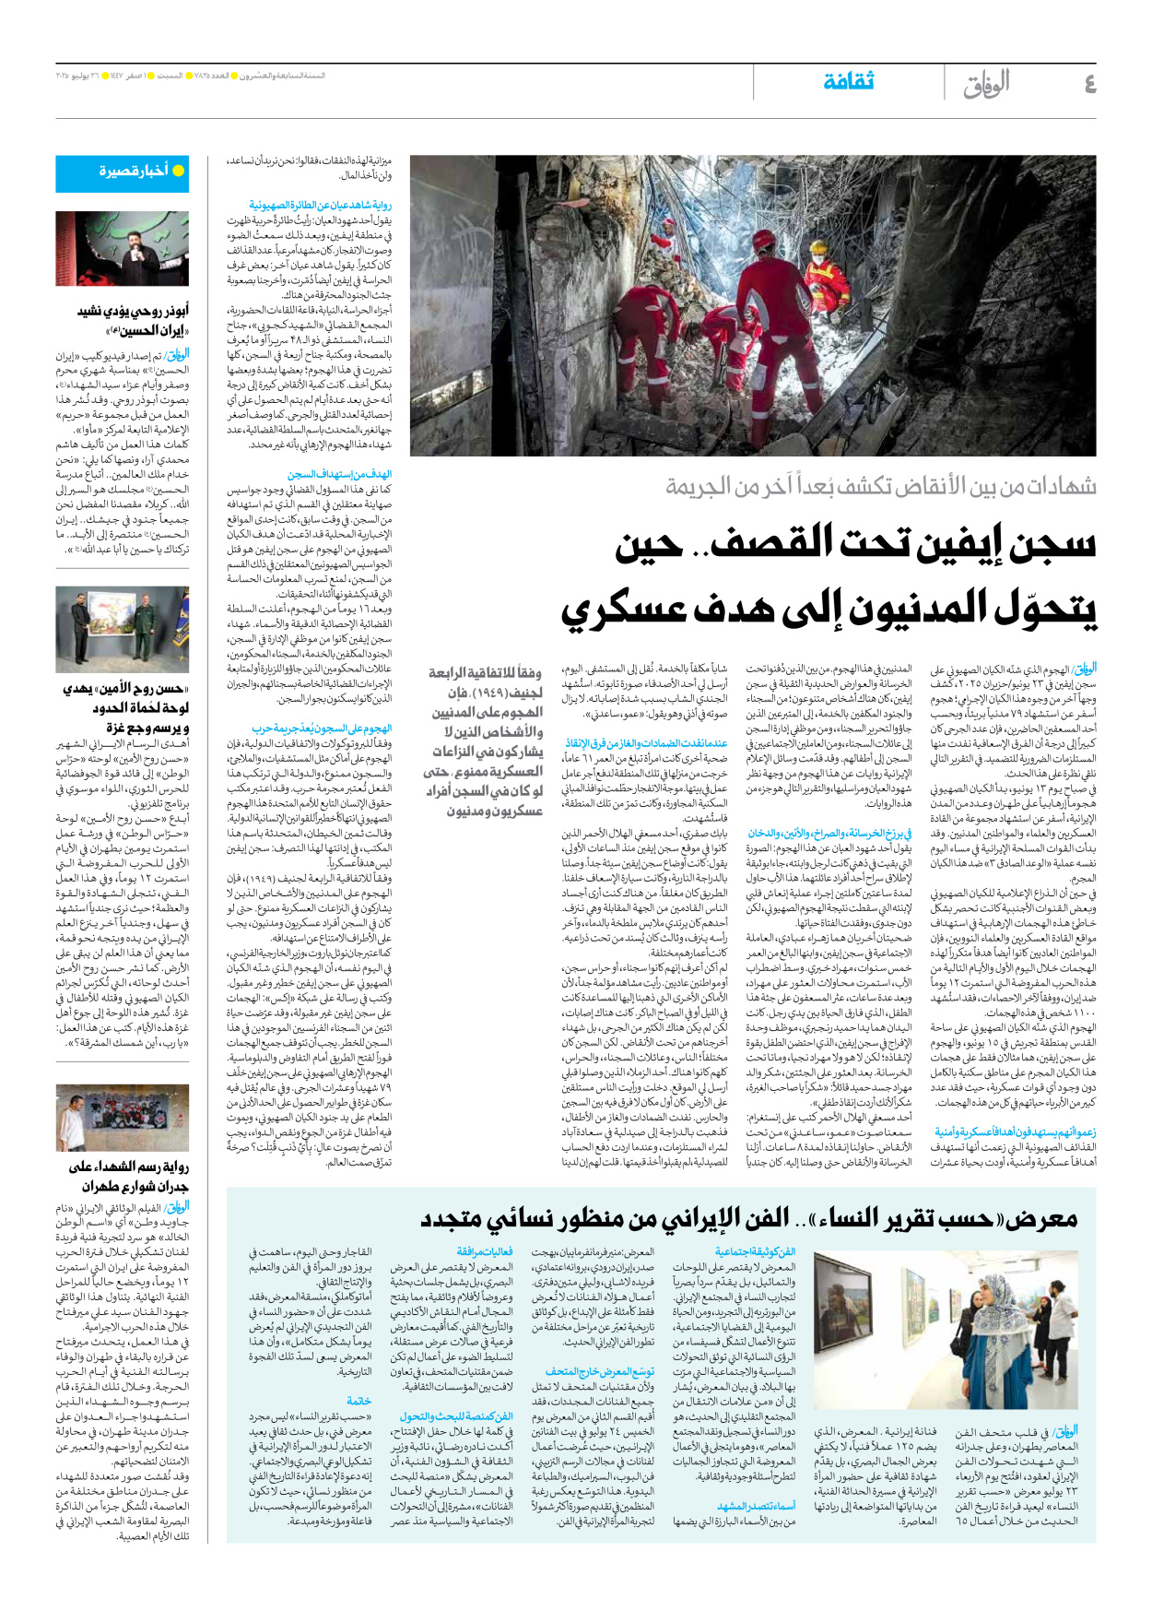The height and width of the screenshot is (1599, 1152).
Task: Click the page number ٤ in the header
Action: point(1089,85)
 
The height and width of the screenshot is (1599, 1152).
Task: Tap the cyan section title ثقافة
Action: point(848,82)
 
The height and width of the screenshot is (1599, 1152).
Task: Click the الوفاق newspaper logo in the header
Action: point(986,84)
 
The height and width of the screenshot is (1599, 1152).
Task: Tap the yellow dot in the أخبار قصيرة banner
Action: point(179,172)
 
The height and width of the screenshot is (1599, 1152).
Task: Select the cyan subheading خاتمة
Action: point(359,1400)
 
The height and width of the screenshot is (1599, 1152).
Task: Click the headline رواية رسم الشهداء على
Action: point(129,1167)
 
